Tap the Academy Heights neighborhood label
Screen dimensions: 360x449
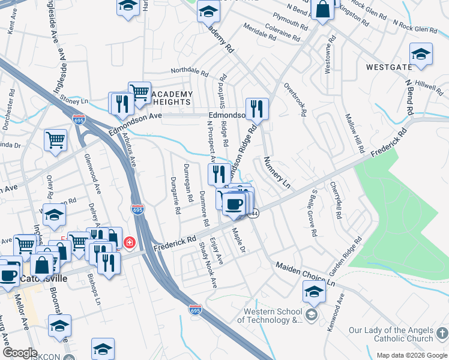tap(172, 98)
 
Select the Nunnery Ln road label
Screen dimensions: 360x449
tap(277, 173)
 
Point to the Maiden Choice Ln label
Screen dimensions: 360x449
tap(305, 273)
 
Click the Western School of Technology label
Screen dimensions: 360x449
tap(273, 316)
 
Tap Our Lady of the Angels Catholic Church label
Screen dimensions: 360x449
tap(390, 335)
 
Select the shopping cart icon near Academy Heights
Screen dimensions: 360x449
tap(139, 92)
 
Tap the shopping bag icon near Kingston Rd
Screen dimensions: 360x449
tap(322, 10)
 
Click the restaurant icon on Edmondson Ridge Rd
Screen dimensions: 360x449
tap(257, 109)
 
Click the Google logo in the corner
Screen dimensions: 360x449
tap(20, 353)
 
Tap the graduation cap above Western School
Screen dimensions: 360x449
tap(314, 292)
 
